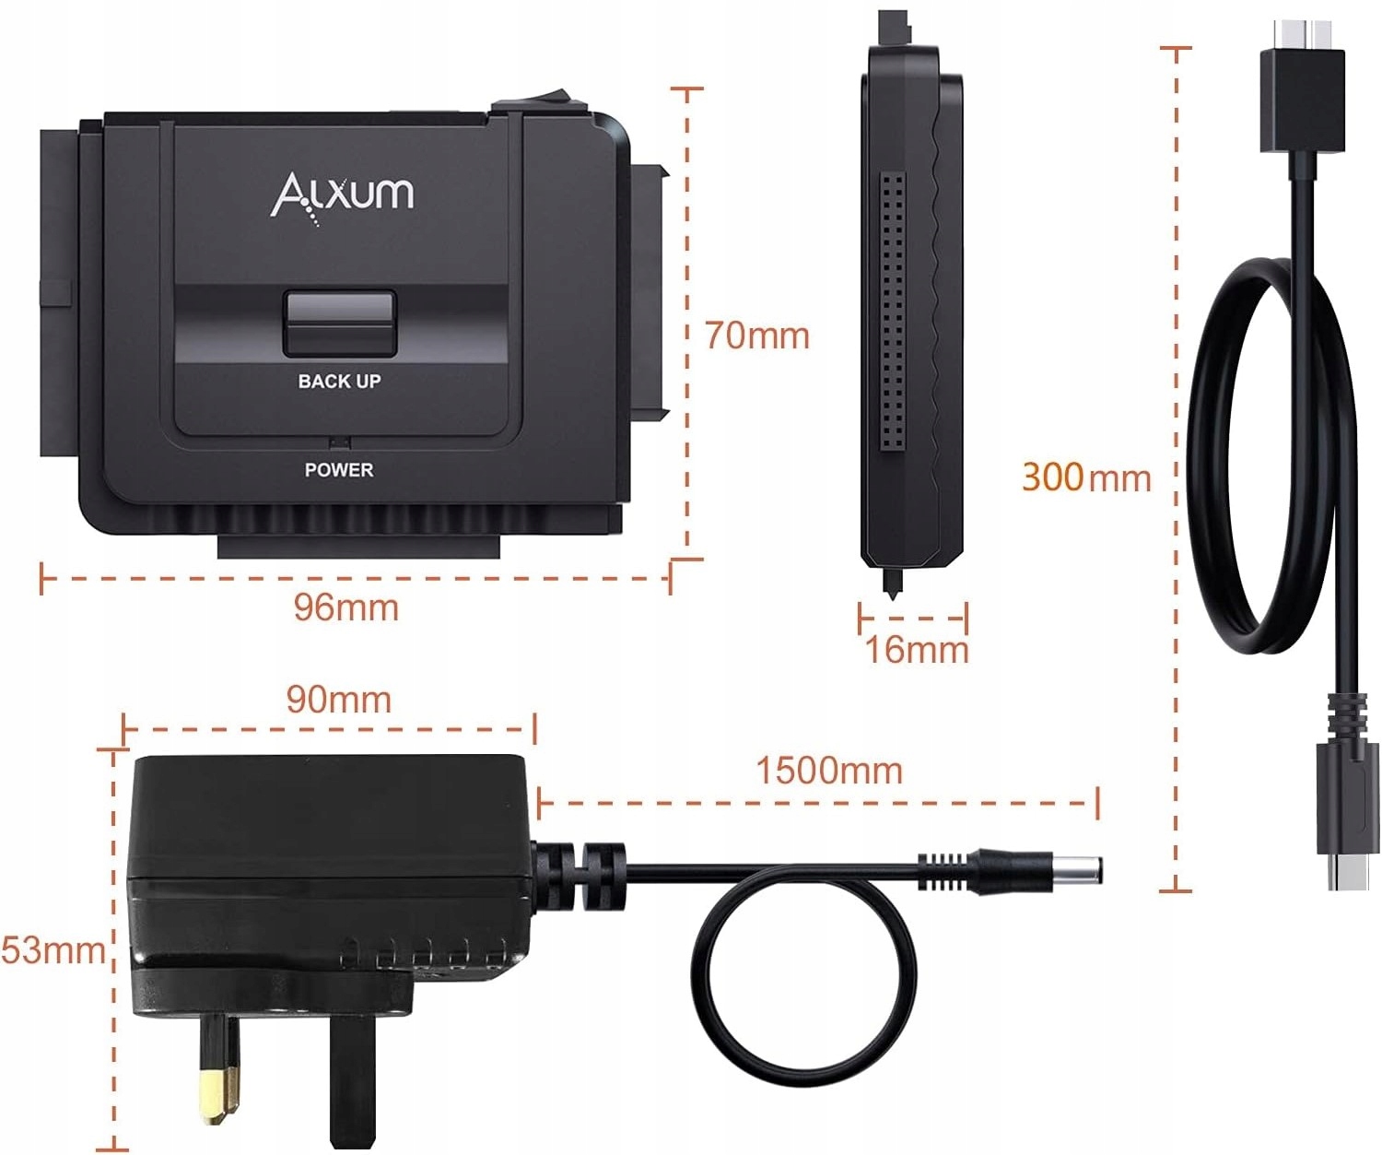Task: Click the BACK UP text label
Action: pyautogui.click(x=339, y=381)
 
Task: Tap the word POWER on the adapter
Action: pyautogui.click(x=339, y=469)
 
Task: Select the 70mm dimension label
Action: pyautogui.click(x=757, y=335)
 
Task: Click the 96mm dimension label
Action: pyautogui.click(x=346, y=607)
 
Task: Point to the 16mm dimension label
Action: pyautogui.click(x=917, y=649)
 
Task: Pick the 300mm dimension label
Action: pyautogui.click(x=1086, y=477)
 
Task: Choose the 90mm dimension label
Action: pyautogui.click(x=338, y=699)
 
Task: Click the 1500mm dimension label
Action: pyautogui.click(x=829, y=770)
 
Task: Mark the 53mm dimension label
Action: pyautogui.click(x=53, y=949)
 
